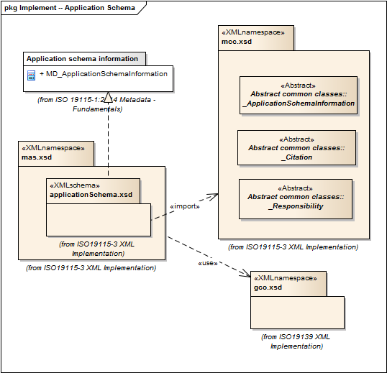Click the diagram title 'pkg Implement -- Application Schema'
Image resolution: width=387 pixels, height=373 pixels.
[70, 8]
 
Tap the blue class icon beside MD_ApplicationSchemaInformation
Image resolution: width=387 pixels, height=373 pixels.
[31, 75]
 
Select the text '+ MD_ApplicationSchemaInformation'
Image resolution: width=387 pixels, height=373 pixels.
[104, 74]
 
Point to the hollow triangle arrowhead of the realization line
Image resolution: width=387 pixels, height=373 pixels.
[108, 97]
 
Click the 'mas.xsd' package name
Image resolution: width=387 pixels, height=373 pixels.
[37, 157]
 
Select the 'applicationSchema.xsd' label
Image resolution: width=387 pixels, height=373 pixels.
[91, 195]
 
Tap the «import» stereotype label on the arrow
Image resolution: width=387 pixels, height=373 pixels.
[185, 206]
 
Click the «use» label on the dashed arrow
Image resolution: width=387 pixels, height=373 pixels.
[208, 263]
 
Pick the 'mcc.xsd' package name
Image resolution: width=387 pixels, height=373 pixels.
[237, 42]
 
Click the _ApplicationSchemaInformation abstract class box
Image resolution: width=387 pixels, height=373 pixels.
[299, 95]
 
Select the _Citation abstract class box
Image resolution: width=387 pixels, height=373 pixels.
[296, 147]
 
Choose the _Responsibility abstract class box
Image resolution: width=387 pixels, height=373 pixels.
[296, 199]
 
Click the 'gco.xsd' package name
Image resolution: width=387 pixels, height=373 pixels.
[268, 287]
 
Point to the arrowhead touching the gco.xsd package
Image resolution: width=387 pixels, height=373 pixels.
[246, 273]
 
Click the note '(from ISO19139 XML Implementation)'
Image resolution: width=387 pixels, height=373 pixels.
[296, 341]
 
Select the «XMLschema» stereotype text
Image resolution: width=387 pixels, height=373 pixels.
[75, 185]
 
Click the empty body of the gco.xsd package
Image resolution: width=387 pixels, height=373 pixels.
[297, 313]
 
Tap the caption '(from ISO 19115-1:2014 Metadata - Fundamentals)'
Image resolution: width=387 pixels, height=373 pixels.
[96, 104]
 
